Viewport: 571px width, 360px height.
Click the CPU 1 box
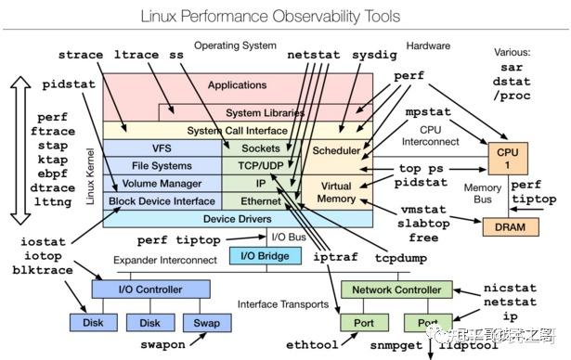click(508, 157)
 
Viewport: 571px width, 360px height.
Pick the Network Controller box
click(396, 289)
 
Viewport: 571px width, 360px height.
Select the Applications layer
click(237, 85)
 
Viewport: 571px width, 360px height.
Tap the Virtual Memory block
click(335, 192)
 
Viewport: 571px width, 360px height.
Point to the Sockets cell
click(260, 148)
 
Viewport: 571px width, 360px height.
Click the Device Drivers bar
click(237, 219)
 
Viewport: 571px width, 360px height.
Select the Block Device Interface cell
click(161, 200)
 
